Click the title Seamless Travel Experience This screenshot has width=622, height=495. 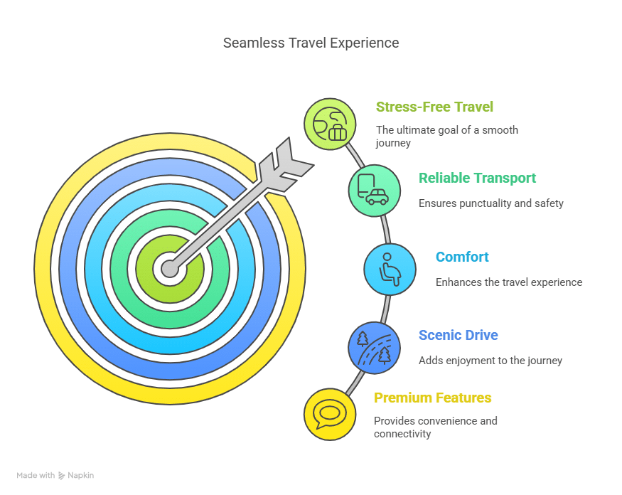(x=311, y=43)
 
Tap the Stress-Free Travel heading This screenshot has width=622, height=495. (x=434, y=107)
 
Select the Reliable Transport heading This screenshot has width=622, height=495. (x=477, y=178)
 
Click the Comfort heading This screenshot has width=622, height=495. (x=462, y=257)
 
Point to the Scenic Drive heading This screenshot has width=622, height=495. (x=458, y=335)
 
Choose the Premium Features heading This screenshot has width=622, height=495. (x=432, y=398)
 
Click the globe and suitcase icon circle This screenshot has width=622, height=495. (x=330, y=124)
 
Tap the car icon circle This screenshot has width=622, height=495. (x=374, y=190)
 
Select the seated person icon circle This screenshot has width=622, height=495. (x=390, y=269)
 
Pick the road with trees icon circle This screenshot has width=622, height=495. (x=374, y=348)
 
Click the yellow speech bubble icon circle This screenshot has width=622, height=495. (x=330, y=414)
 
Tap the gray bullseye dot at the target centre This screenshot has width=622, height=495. (x=169, y=269)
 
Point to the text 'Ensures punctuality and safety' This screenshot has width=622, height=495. (x=490, y=203)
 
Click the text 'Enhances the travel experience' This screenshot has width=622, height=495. (x=508, y=282)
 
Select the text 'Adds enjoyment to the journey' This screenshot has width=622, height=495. (x=490, y=361)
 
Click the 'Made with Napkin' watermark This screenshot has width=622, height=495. (x=55, y=475)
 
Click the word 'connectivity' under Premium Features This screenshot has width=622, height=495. (x=402, y=434)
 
